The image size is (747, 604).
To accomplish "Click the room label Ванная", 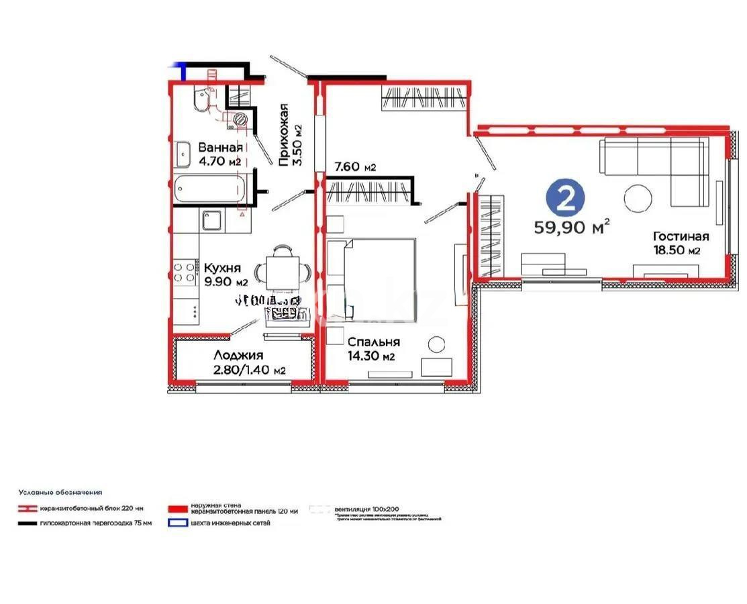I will [x=219, y=148].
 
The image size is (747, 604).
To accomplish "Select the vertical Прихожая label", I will [x=284, y=134].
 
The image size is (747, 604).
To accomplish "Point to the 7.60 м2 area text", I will [x=355, y=166].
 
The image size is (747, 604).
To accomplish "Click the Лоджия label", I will [x=238, y=356].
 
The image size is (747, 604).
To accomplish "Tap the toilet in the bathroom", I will [x=199, y=100].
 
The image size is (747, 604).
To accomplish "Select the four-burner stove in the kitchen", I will [x=185, y=272].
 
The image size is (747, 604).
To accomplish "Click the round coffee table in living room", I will [x=638, y=199].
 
